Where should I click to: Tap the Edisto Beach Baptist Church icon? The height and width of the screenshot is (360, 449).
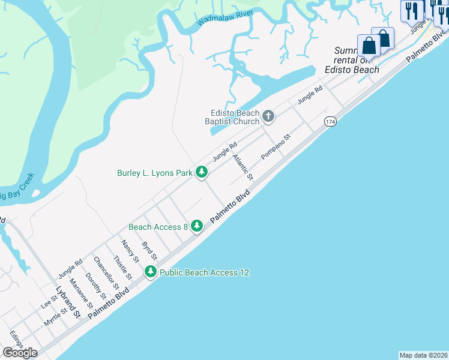[268, 116]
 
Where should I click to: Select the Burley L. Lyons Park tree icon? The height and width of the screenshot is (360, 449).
[202, 173]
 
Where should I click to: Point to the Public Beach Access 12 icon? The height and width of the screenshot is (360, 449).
[151, 272]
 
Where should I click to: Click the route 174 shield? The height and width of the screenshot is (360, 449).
[330, 121]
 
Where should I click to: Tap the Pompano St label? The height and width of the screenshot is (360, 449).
[276, 147]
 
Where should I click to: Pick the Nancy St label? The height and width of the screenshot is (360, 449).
[130, 251]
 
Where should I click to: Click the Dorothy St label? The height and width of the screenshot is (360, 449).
[96, 287]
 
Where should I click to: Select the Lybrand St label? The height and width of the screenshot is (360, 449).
[68, 302]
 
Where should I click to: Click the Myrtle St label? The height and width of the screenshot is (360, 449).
[55, 317]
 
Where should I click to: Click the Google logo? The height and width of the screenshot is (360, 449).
[20, 353]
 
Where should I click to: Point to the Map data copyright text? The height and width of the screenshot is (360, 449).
[424, 355]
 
